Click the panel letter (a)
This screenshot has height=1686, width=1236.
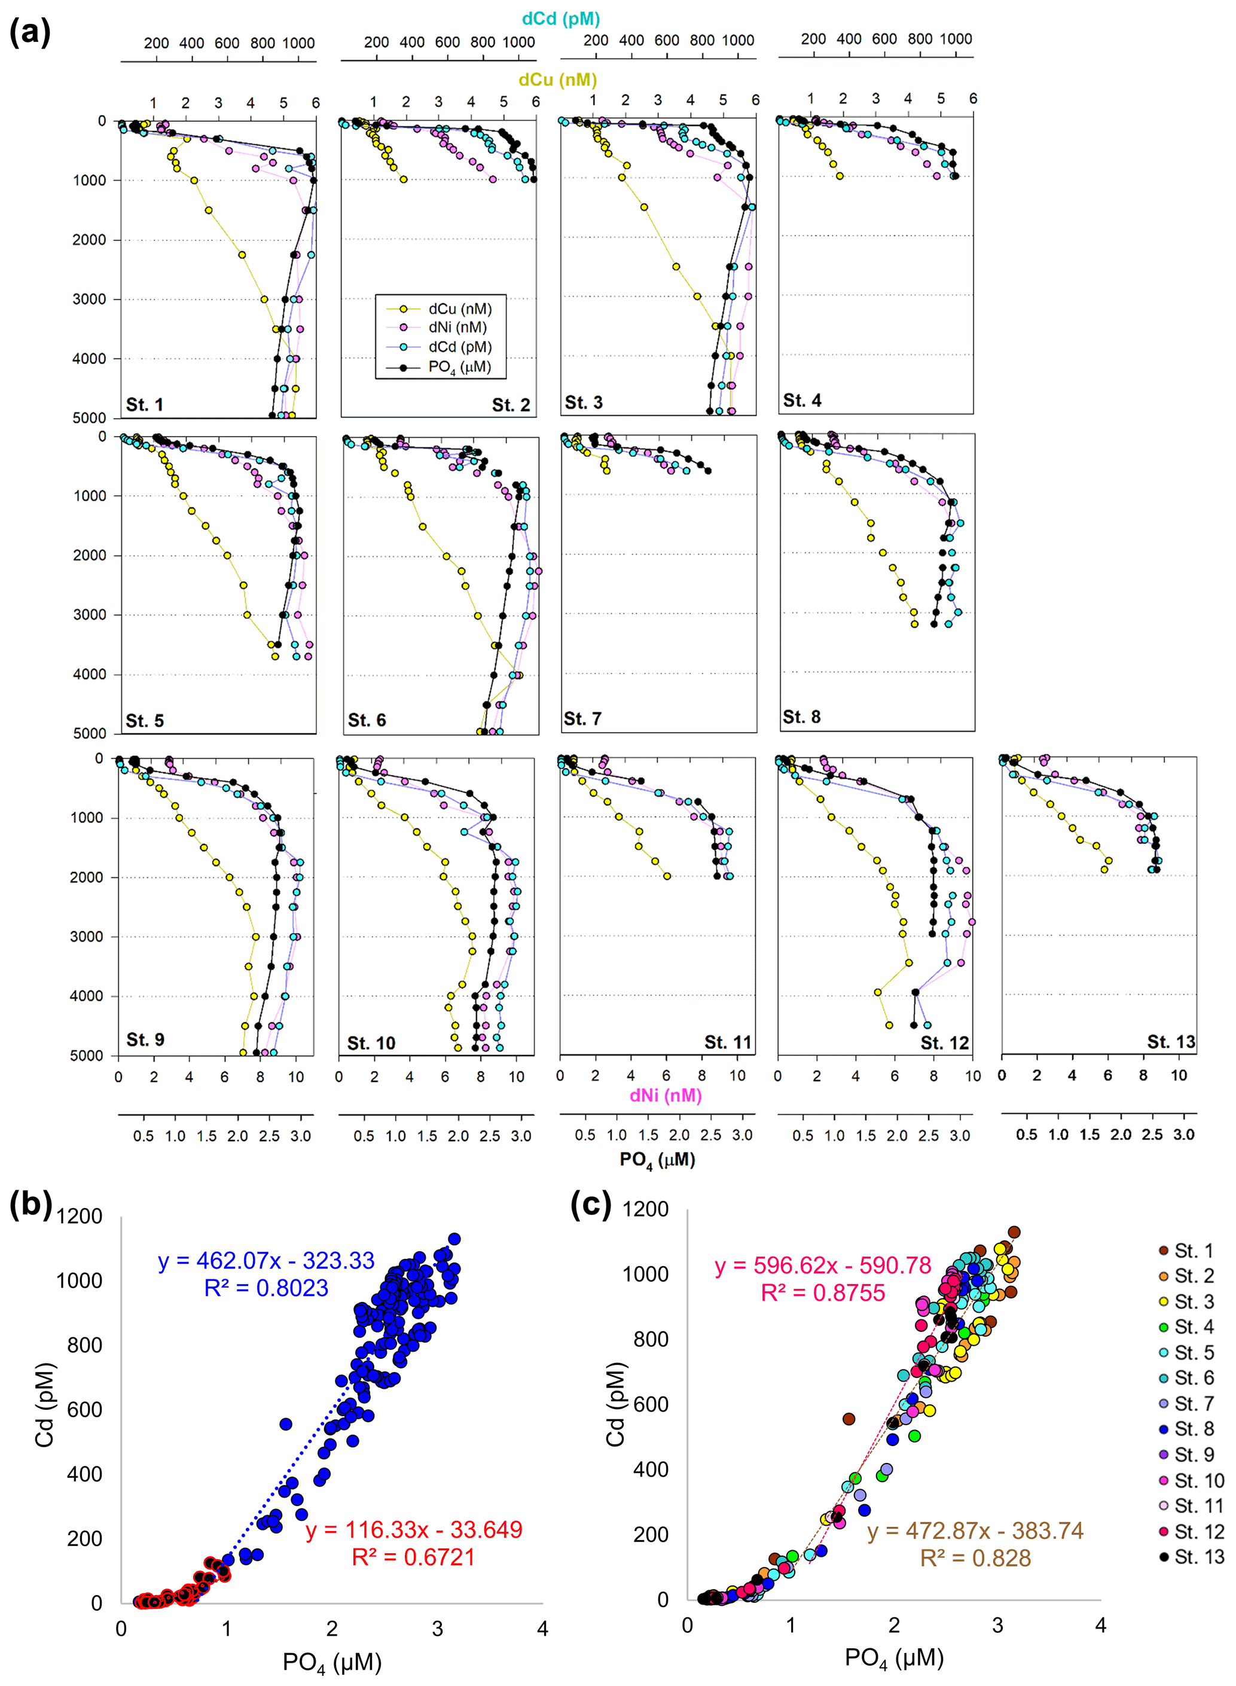tap(30, 32)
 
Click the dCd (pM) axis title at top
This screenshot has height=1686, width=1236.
tap(560, 19)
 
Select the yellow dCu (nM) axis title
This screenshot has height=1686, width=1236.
tap(557, 80)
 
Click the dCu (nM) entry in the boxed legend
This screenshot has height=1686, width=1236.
tap(459, 309)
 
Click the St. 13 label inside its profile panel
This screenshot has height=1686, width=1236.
tap(1171, 1042)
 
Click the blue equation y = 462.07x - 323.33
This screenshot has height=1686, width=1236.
tap(265, 1260)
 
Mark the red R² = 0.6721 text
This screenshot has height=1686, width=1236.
tap(413, 1557)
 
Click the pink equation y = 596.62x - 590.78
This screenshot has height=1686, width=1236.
tap(822, 1266)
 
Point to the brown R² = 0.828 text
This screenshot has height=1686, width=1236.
tap(975, 1558)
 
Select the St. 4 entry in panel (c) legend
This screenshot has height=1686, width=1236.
tap(1194, 1327)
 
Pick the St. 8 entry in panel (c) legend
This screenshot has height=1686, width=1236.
tap(1194, 1429)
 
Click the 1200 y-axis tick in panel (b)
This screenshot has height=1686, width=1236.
tap(80, 1216)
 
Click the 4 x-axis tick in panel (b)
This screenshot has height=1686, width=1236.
tap(542, 1629)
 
